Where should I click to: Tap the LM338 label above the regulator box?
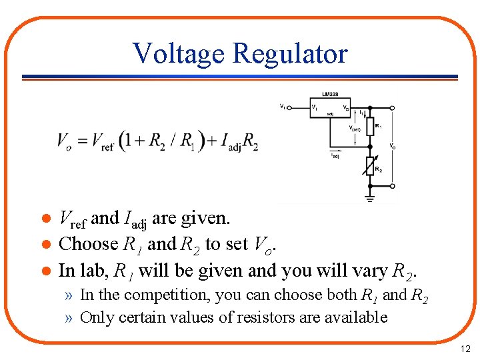[329, 94]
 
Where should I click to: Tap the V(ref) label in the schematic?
[355, 129]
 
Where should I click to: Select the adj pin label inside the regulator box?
[330, 115]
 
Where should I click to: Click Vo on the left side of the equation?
[64, 142]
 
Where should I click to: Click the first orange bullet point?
[44, 219]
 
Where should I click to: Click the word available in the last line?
[356, 317]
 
